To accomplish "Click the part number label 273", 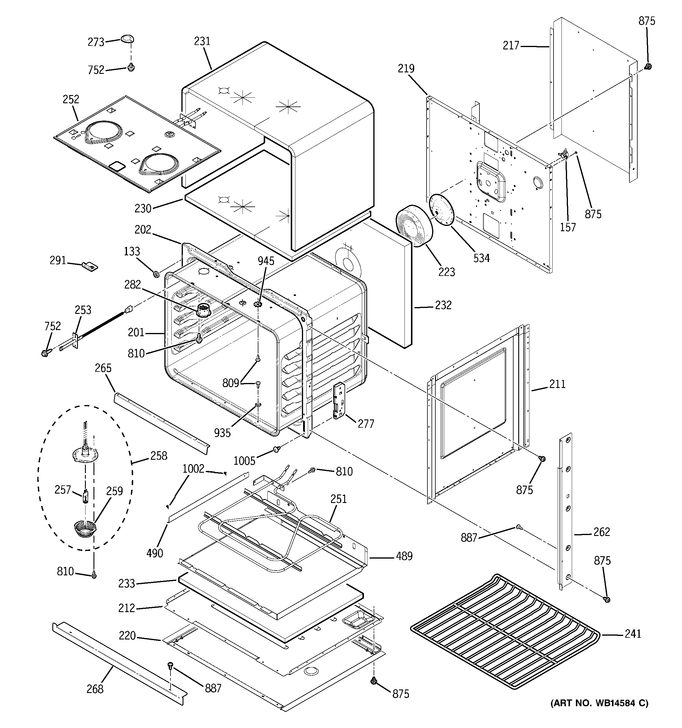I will coord(96,42).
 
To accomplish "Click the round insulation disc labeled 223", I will coord(414,226).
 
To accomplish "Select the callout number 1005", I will coord(244,461).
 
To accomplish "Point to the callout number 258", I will coord(158,456).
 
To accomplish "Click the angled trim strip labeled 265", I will coord(161,423).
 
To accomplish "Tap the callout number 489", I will coord(404,556).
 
